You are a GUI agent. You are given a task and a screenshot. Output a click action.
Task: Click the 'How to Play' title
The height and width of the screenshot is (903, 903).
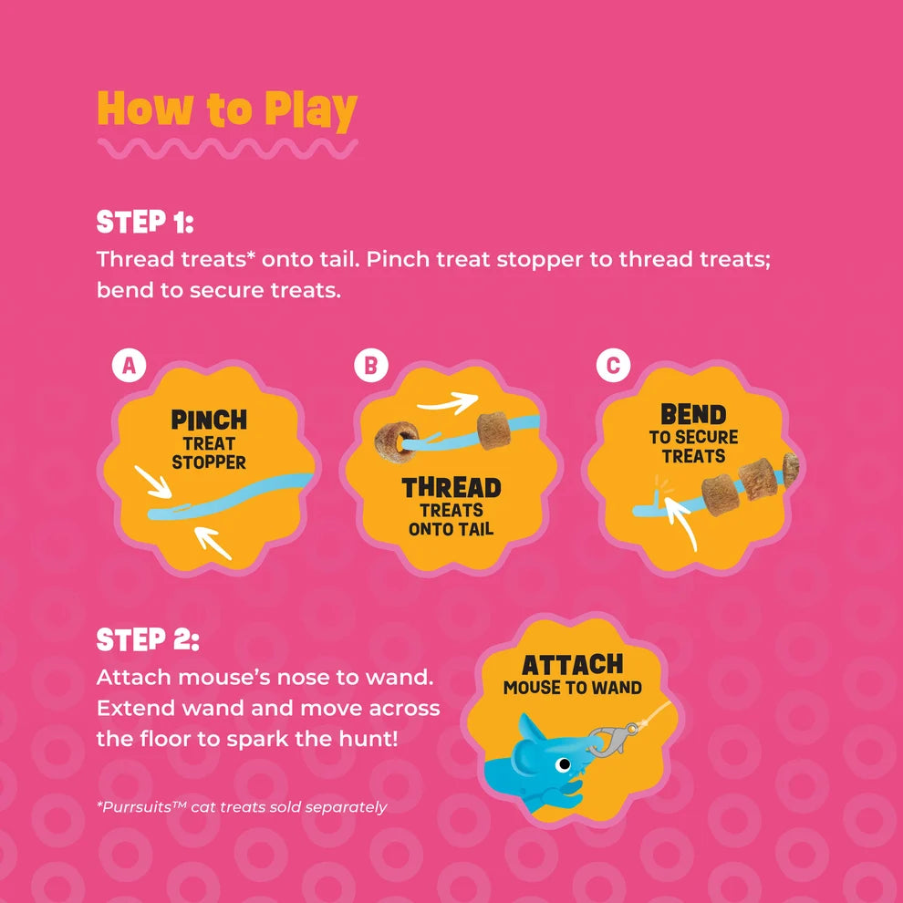[x=227, y=110]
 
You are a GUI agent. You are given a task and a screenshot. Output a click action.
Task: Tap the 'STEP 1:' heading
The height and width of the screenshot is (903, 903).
[x=145, y=222]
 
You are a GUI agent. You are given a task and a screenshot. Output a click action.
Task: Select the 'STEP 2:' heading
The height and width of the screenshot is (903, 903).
[x=148, y=639]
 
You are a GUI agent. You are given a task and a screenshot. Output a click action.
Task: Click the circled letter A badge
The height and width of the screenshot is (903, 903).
[x=129, y=365]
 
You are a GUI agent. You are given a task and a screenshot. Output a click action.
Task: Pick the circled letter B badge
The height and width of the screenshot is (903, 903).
[x=371, y=365]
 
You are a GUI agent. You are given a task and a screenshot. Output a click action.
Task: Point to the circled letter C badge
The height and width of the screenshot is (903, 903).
[x=613, y=365]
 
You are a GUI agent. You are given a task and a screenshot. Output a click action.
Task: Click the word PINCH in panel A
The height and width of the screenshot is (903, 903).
[x=209, y=420]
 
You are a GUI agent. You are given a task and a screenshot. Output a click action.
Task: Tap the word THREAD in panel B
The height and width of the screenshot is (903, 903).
[x=451, y=488]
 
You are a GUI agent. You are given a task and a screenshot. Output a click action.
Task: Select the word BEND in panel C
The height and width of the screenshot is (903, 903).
[x=693, y=414]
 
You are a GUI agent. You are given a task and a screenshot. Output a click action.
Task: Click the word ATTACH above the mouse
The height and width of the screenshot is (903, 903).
[x=573, y=665]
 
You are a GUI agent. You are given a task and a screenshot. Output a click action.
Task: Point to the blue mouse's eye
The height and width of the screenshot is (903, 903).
[x=563, y=764]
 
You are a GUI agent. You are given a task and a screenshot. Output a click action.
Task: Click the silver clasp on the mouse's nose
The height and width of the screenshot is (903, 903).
[x=610, y=739]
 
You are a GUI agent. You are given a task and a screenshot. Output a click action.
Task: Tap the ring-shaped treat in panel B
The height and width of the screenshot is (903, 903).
[x=397, y=441]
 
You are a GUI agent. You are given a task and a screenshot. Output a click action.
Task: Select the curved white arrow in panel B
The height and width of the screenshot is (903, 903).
[x=448, y=402]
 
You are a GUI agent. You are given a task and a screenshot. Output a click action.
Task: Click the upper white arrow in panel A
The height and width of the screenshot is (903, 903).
[x=152, y=482]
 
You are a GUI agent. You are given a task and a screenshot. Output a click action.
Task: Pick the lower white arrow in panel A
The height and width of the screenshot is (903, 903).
[x=213, y=543]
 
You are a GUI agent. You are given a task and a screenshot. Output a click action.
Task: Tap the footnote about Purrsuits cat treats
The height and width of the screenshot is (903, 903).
[x=242, y=807]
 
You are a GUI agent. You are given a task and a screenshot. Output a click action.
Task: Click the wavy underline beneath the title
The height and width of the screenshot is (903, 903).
[x=227, y=149]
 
